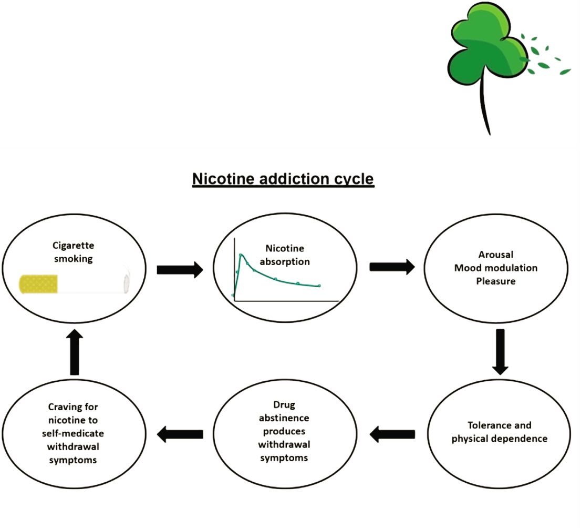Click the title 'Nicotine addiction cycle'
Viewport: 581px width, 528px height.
click(x=283, y=179)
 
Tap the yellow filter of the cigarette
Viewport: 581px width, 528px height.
click(x=38, y=284)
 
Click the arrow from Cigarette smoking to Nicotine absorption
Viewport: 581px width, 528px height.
click(x=180, y=269)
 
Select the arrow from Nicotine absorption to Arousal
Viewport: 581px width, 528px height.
click(x=392, y=267)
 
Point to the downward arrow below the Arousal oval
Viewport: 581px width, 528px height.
click(x=500, y=352)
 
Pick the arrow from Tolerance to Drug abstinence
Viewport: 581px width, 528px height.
click(x=392, y=434)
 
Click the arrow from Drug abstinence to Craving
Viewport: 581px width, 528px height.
click(x=180, y=434)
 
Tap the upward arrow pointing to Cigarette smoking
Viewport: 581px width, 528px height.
click(x=75, y=352)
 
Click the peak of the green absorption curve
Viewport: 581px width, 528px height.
click(x=241, y=255)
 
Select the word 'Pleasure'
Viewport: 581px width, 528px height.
click(x=496, y=281)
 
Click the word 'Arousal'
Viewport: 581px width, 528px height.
click(x=496, y=255)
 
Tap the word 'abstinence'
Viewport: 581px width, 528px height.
click(x=284, y=418)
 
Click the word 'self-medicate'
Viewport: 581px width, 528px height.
click(x=73, y=433)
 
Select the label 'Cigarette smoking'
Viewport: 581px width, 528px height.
click(x=74, y=252)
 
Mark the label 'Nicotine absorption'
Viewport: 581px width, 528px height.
click(x=285, y=255)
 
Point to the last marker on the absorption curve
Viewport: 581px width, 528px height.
click(x=319, y=286)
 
